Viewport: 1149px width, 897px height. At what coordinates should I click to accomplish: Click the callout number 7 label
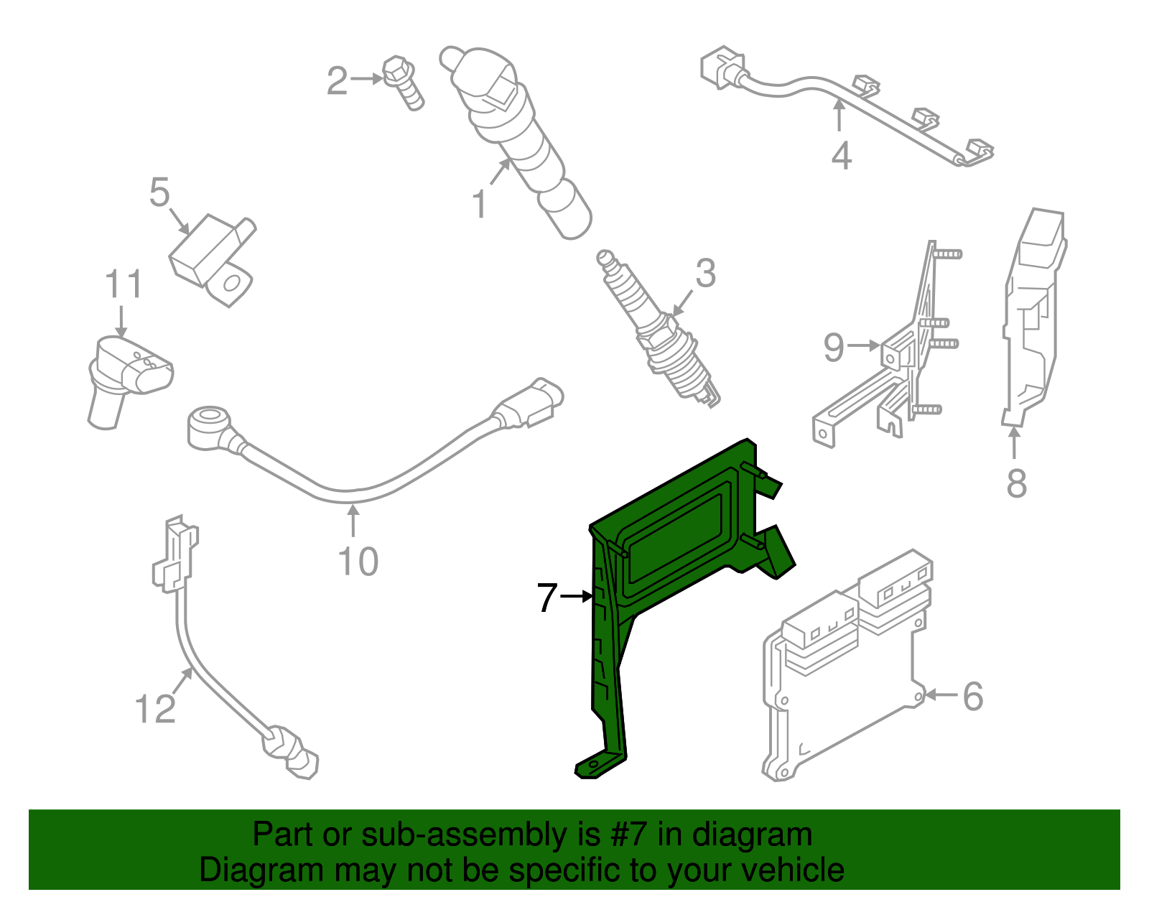coord(547,598)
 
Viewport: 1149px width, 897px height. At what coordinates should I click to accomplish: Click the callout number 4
coord(841,156)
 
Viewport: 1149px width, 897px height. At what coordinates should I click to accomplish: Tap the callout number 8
coord(1016,483)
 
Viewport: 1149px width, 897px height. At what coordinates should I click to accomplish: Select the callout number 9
coord(834,347)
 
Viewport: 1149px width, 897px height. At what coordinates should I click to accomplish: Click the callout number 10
coord(358,561)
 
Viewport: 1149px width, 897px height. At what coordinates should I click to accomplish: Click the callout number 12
coord(155,709)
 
